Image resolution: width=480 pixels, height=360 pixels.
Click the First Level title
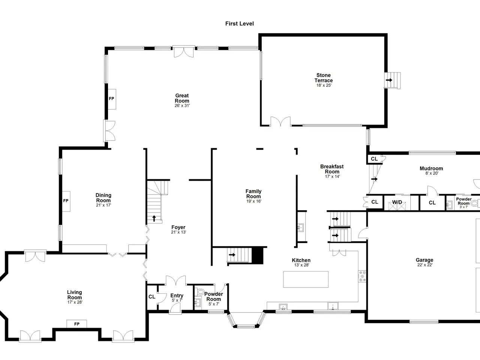tap(240, 24)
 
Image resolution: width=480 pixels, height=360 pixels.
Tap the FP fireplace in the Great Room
tap(112, 99)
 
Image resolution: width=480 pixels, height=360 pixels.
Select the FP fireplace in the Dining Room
tap(66, 201)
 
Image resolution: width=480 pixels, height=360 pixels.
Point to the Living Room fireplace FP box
tap(77, 324)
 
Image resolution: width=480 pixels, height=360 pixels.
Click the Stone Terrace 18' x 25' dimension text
tap(324, 85)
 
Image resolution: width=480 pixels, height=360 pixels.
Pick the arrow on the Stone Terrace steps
tap(389, 80)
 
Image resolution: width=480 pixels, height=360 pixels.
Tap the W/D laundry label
tap(397, 202)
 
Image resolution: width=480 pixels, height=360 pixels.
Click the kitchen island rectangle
tap(306, 279)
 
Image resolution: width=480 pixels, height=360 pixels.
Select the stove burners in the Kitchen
tap(362, 276)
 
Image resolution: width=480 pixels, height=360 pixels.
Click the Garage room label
tap(424, 260)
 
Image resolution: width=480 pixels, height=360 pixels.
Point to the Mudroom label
tap(431, 168)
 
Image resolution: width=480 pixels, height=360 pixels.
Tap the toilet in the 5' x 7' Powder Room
tap(200, 292)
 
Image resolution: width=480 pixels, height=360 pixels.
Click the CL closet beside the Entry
tap(152, 297)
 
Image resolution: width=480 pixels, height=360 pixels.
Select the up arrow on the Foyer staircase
tap(154, 218)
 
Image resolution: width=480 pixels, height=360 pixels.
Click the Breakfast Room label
tap(332, 169)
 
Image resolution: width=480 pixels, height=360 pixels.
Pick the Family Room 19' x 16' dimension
tap(254, 201)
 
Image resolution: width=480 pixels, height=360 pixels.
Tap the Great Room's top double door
tap(184, 52)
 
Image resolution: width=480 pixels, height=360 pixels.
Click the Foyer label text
tap(178, 227)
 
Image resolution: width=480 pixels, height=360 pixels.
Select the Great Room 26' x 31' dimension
tap(182, 106)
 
